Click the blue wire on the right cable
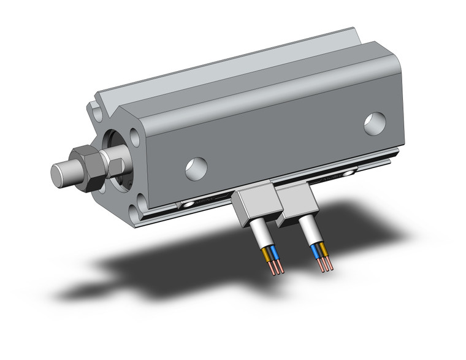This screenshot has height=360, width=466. tap(316, 251)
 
